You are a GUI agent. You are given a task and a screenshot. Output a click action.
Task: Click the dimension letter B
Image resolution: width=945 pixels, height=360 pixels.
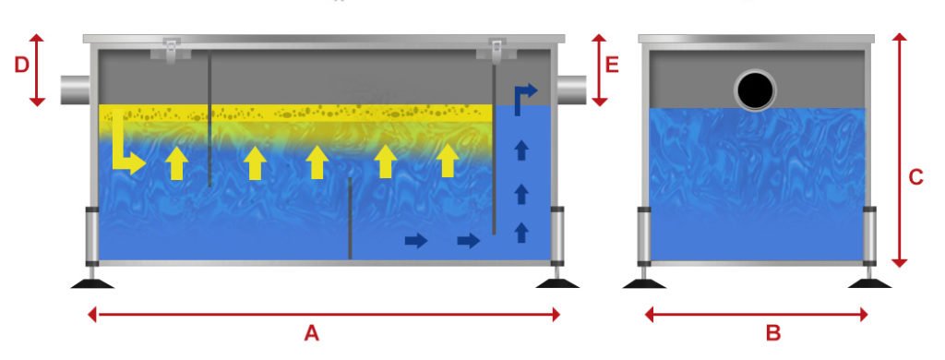773,333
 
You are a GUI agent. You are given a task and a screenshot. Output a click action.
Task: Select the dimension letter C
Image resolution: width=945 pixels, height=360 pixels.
915,178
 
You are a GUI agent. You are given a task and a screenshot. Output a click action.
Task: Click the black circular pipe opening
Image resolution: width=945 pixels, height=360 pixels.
755,90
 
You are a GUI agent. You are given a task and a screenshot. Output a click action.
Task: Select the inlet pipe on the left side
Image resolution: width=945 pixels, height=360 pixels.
78,90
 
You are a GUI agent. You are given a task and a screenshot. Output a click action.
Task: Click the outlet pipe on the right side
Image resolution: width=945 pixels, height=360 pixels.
572,90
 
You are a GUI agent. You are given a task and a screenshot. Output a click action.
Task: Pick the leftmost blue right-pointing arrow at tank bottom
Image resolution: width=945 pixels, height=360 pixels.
416,241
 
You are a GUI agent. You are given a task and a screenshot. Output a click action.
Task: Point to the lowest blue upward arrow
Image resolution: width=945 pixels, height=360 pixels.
521,231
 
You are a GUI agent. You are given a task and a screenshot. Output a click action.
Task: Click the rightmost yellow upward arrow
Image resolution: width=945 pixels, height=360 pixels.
448,161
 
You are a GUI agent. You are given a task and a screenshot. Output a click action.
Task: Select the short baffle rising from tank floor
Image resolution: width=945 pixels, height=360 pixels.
350,218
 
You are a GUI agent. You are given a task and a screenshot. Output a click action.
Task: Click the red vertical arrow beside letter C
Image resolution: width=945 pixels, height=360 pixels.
900,148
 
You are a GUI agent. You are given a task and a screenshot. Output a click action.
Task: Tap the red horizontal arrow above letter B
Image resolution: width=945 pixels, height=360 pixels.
756,315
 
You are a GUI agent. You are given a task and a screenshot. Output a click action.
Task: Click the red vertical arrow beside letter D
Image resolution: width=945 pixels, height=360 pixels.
37,69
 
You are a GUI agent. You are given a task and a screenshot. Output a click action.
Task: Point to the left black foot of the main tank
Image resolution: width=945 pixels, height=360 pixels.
92,282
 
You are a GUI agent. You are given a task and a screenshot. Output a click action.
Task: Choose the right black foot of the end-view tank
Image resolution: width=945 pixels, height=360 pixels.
869,282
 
